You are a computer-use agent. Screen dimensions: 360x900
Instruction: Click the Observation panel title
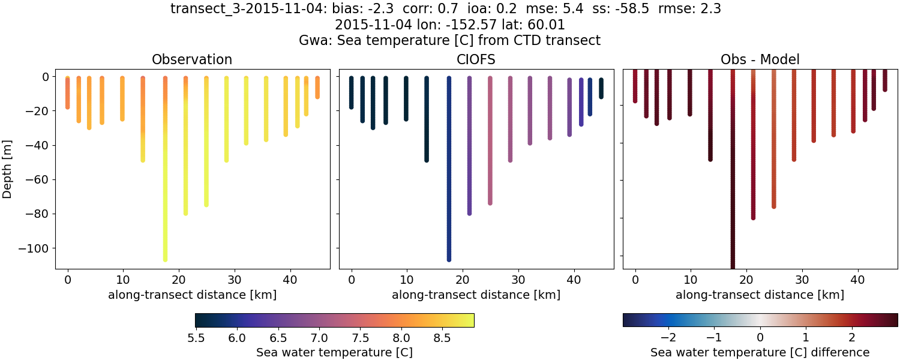pos(192,59)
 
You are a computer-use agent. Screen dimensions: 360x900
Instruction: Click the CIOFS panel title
pos(476,59)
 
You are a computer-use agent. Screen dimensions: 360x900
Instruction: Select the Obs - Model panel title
pos(760,59)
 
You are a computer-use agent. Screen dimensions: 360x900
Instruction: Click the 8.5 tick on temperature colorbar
pos(442,338)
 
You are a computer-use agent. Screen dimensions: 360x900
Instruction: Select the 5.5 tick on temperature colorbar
pos(196,338)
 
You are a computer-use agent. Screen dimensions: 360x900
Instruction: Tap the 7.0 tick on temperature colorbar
pos(319,338)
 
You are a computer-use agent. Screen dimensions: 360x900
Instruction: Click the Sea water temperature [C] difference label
pos(760,352)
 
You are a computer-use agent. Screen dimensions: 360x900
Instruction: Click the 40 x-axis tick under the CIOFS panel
pos(574,279)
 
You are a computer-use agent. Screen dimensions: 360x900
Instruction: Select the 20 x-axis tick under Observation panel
pos(179,279)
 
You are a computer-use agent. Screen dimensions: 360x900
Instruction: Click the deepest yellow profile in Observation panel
pos(165,180)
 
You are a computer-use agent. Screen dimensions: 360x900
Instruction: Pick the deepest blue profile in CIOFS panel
pos(449,180)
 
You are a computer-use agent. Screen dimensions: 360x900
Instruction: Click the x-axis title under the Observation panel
pos(192,295)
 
